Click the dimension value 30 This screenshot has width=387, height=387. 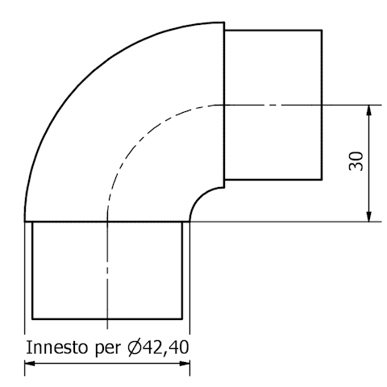356,160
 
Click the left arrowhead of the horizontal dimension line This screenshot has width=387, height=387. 31,364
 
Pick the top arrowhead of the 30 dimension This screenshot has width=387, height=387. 368,110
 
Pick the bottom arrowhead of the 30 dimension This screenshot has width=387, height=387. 368,215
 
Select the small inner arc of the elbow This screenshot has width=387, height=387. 201,197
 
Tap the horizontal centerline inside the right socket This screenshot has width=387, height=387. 274,104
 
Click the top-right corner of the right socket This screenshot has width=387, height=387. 322,31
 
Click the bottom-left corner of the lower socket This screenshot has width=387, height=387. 32,318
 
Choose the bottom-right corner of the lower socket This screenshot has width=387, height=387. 181,318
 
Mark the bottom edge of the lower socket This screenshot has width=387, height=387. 106,318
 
